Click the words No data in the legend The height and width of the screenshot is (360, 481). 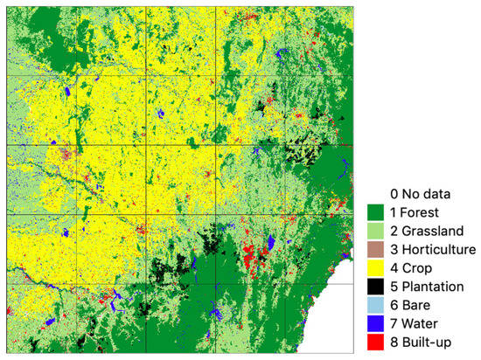coord(429,192)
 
